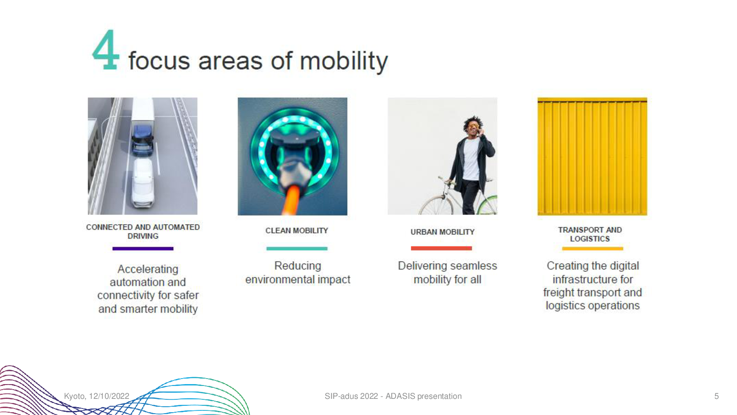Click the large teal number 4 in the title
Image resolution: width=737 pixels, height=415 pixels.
pyautogui.click(x=105, y=50)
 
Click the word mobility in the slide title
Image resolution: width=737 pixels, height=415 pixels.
pyautogui.click(x=344, y=61)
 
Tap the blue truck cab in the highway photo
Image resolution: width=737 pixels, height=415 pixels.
pyautogui.click(x=142, y=140)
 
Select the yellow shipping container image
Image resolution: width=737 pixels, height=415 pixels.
pyautogui.click(x=592, y=156)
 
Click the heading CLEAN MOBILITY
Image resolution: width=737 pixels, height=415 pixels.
pyautogui.click(x=297, y=231)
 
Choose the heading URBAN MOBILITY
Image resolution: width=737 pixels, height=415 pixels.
pyautogui.click(x=443, y=232)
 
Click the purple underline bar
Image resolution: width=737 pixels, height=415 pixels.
pyautogui.click(x=143, y=249)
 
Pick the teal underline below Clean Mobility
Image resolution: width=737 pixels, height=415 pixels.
pyautogui.click(x=297, y=249)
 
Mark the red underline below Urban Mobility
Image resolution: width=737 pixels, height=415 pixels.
pyautogui.click(x=441, y=249)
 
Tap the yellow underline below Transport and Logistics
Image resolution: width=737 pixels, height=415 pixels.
pyautogui.click(x=592, y=249)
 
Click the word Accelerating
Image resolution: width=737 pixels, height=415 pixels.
pyautogui.click(x=148, y=269)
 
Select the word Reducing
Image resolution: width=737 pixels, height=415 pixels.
pyautogui.click(x=298, y=266)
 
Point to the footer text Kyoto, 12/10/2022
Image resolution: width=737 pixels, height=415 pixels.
pyautogui.click(x=96, y=396)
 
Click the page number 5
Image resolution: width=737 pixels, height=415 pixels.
pyautogui.click(x=716, y=396)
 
